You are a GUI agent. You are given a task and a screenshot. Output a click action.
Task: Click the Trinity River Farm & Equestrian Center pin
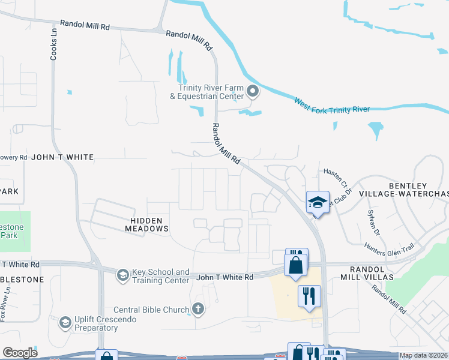pos(253,92)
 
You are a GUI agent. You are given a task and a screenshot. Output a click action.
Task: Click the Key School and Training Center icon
pos(122,274)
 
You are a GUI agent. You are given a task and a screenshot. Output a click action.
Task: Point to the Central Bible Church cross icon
pos(198,310)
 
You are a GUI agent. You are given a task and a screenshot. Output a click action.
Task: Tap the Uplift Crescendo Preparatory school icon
pos(65,323)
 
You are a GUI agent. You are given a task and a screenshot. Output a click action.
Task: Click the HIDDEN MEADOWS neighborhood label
pos(146,224)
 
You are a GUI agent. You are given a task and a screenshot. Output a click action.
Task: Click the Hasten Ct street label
pos(336,176)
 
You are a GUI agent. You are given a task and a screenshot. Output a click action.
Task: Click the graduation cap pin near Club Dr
pos(318,203)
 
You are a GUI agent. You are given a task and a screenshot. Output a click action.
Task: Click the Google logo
pos(19,353)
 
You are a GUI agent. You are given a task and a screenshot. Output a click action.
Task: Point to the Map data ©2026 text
pos(423,355)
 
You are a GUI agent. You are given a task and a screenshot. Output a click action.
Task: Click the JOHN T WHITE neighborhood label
pos(62,157)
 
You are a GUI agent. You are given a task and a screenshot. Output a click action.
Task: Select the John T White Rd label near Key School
pos(225,277)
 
